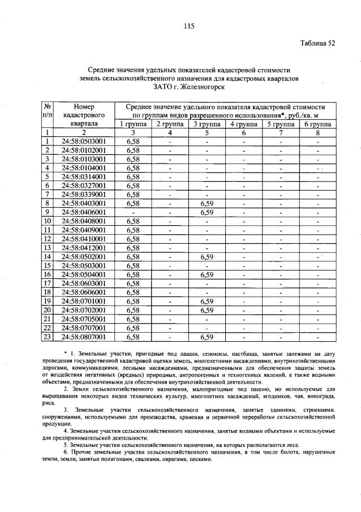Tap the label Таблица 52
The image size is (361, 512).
tap(317, 44)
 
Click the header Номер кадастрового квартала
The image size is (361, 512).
tap(80, 114)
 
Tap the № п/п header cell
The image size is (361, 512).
tap(48, 110)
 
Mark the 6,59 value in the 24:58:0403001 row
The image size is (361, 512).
tap(207, 203)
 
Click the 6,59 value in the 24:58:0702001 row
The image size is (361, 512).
tap(207, 310)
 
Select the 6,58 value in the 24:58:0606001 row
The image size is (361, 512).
tap(133, 292)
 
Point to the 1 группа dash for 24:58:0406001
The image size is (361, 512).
tap(133, 212)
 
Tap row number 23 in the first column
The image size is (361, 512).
tap(48, 337)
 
